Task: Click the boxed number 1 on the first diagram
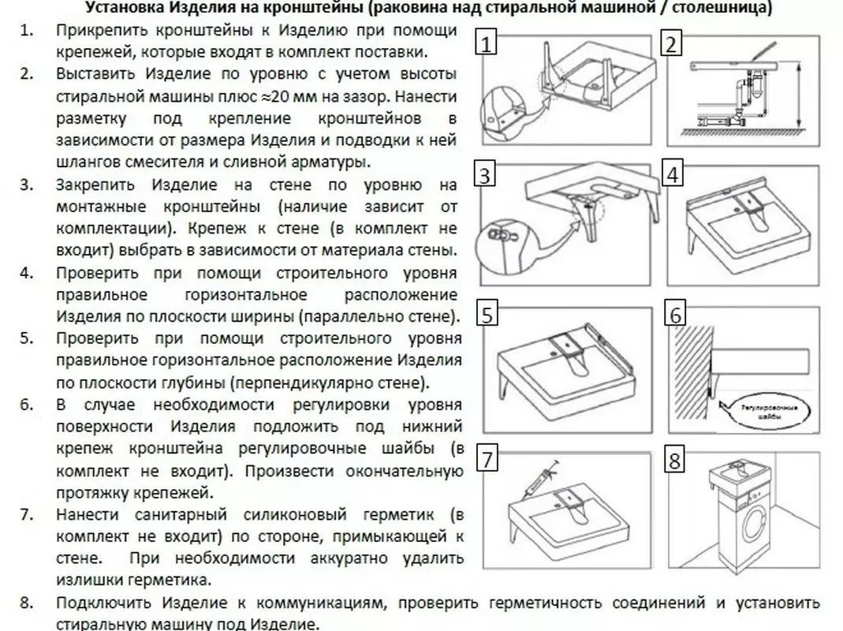486,43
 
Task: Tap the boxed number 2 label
670,43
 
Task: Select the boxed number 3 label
485,174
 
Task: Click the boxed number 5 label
487,314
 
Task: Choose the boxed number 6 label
675,314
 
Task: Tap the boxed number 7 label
487,459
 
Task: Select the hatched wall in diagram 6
691,372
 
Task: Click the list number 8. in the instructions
27,603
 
